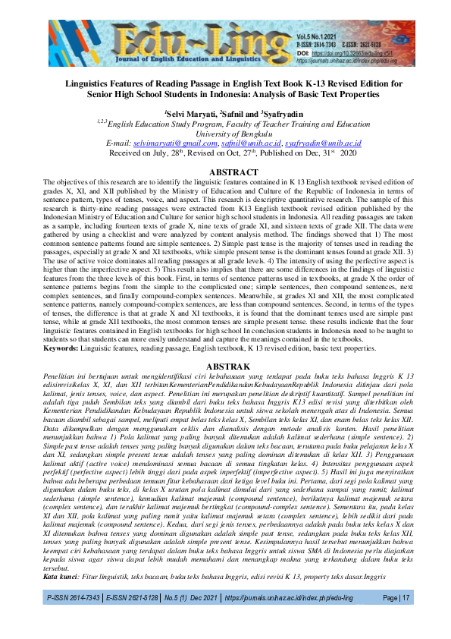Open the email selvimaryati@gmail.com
(x=168, y=143)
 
